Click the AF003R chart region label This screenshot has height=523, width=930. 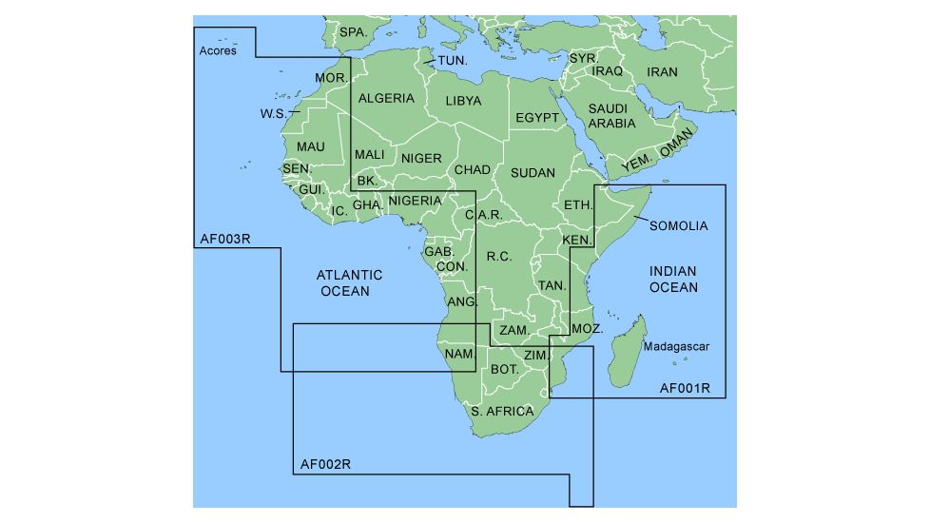[225, 239]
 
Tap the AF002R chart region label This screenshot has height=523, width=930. [326, 465]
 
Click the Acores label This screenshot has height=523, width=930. [218, 50]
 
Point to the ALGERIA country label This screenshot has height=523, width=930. [386, 98]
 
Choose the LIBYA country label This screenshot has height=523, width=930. [463, 100]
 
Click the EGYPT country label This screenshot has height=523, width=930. [537, 118]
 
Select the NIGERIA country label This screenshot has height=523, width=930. [416, 201]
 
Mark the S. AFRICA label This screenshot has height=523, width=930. [503, 412]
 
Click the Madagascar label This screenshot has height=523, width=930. [676, 347]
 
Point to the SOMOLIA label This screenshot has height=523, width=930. [679, 225]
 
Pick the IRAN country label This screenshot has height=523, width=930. [663, 72]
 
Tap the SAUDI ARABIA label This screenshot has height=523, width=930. [611, 116]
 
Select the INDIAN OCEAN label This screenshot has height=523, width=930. [673, 280]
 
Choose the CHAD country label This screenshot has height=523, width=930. [472, 170]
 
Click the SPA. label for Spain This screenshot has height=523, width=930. [353, 32]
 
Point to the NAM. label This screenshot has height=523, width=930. [459, 354]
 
